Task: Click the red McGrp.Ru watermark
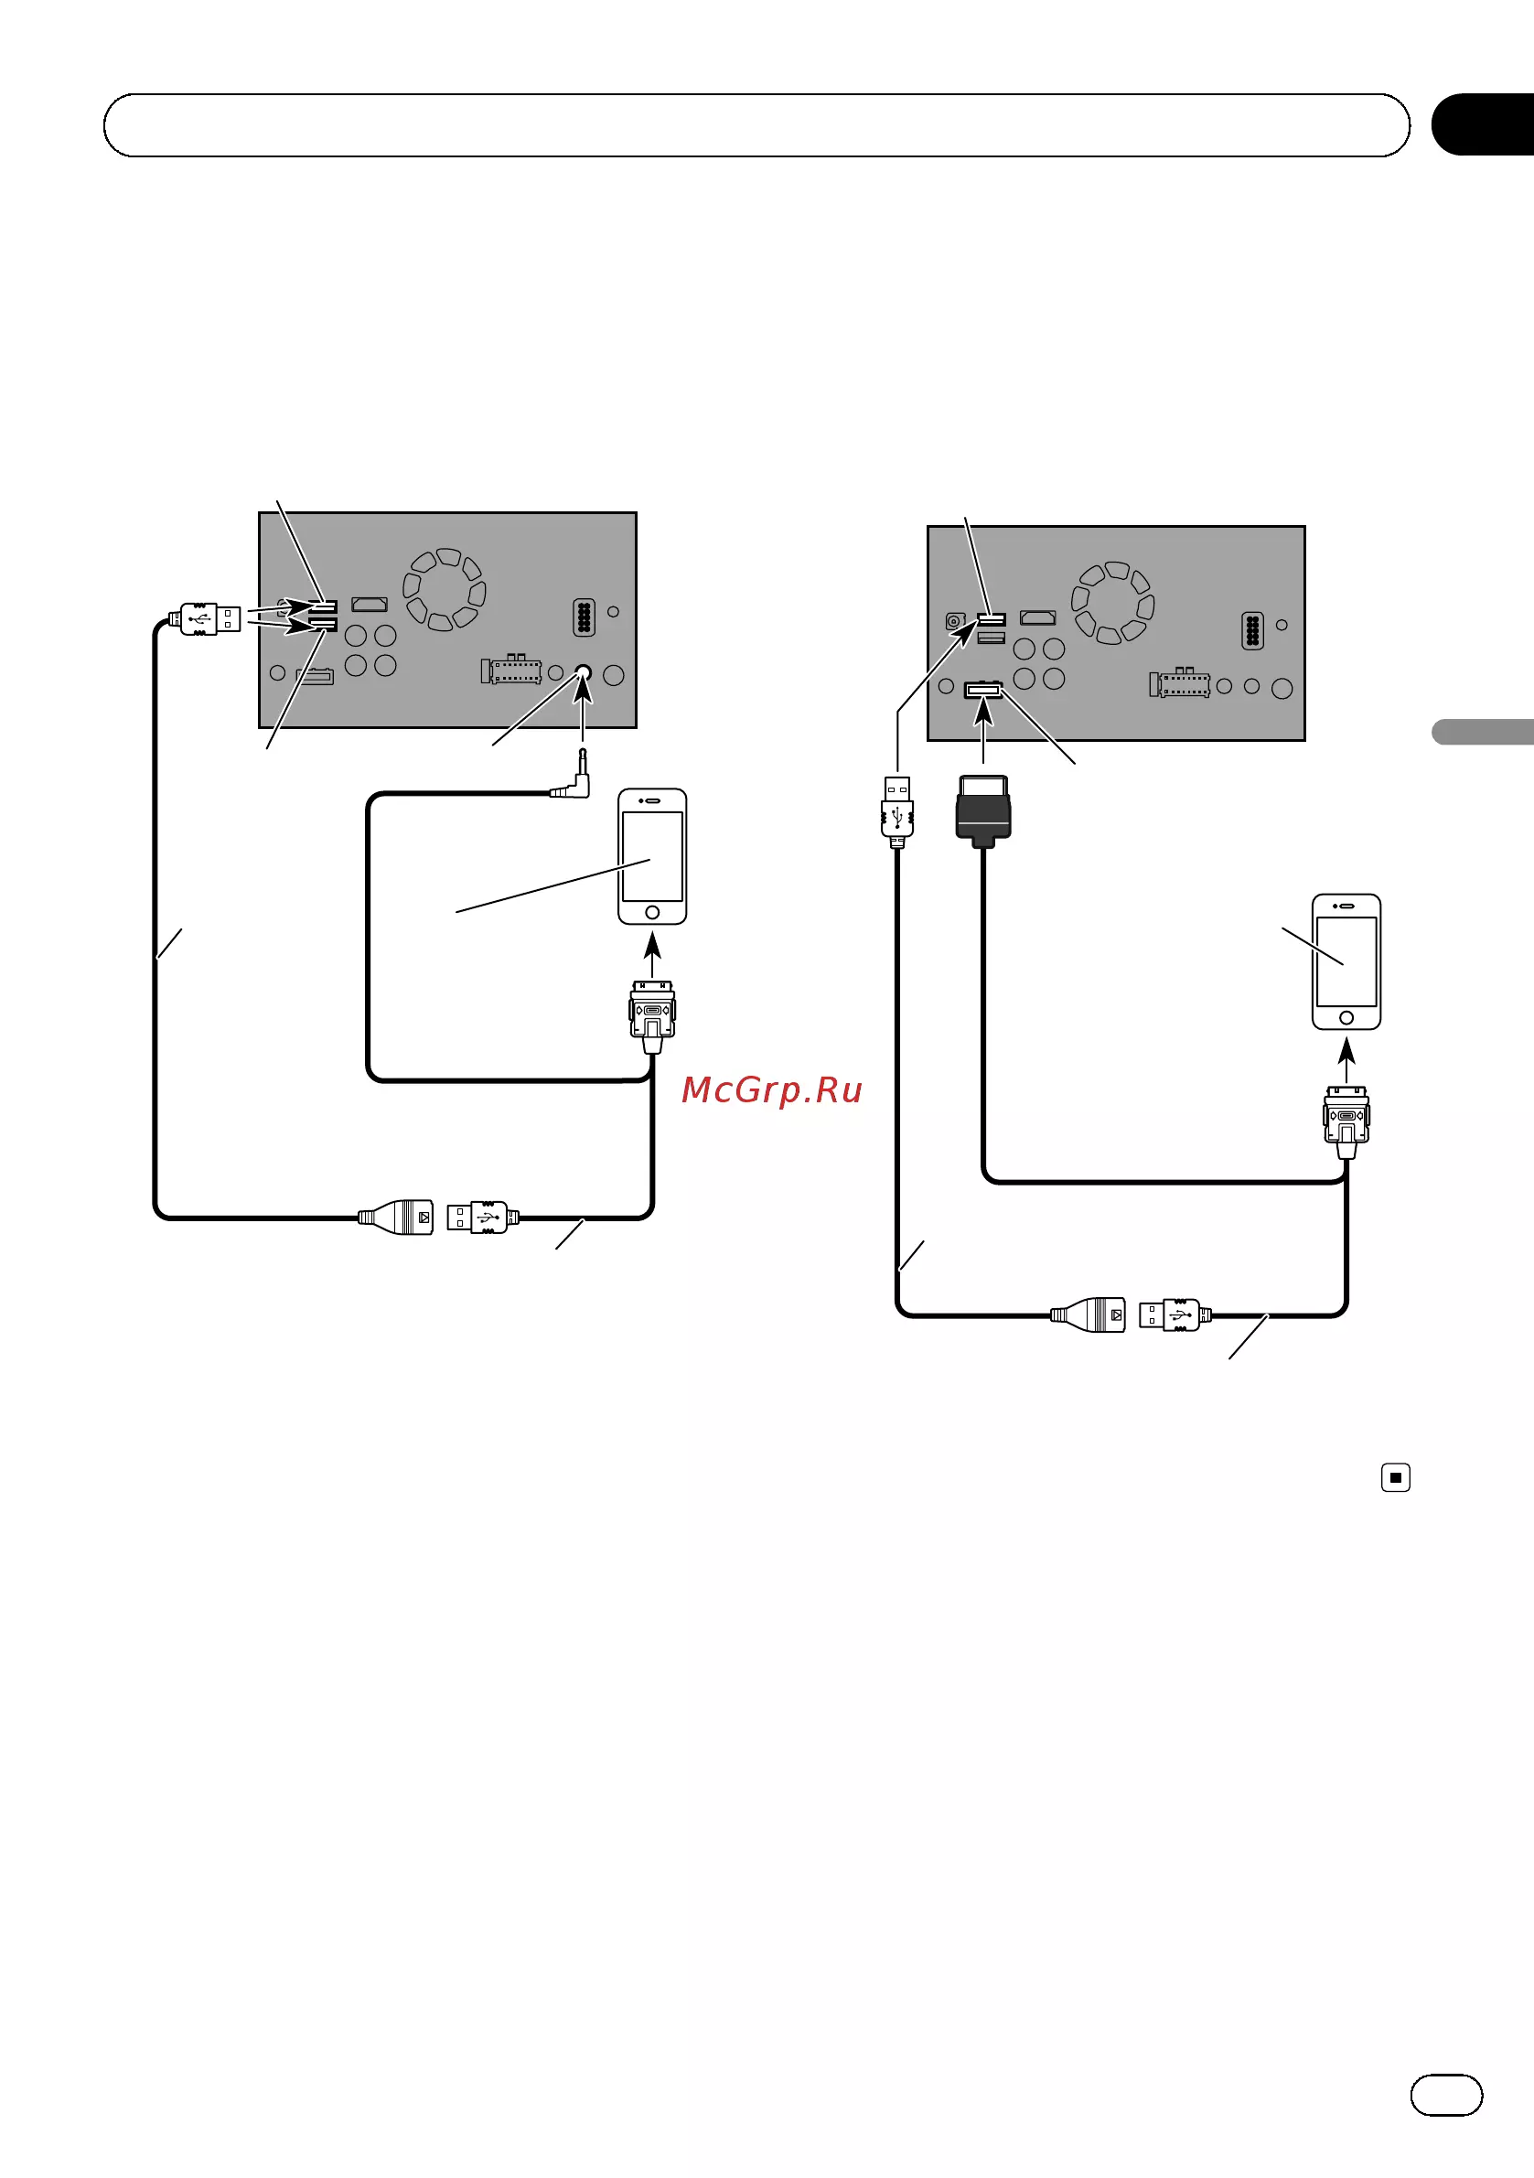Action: tap(771, 1090)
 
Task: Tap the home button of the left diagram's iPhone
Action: tap(651, 913)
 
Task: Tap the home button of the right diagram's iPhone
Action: tap(1346, 1018)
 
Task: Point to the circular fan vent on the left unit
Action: tap(444, 589)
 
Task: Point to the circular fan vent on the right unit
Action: tap(1113, 603)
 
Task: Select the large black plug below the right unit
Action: tap(983, 811)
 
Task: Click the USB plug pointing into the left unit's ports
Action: tap(205, 618)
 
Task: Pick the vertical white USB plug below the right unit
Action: tap(897, 811)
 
